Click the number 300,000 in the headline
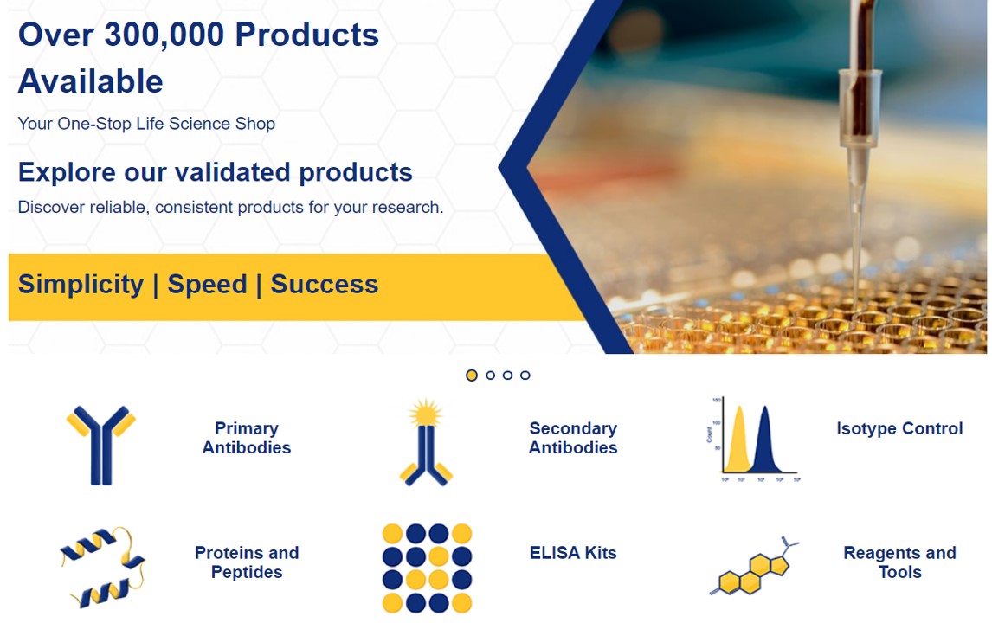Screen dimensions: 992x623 [x=164, y=35]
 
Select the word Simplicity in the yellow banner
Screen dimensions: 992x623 [x=81, y=285]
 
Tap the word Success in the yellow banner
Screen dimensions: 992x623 [x=325, y=284]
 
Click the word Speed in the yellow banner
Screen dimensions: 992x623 [x=207, y=285]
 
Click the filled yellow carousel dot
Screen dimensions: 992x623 [x=471, y=375]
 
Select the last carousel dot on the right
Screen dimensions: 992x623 [x=525, y=375]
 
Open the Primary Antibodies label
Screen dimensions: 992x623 [x=247, y=438]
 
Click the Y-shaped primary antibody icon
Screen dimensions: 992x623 [x=101, y=446]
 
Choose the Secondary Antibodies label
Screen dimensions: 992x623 [x=573, y=438]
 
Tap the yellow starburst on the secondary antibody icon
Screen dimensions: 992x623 [x=425, y=413]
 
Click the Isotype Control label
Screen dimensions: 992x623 [x=899, y=428]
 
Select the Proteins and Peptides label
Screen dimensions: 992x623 [x=247, y=562]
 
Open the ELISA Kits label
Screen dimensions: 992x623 [x=573, y=553]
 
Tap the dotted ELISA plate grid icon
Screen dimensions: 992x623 [x=427, y=568]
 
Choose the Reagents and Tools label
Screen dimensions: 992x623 [x=899, y=562]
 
